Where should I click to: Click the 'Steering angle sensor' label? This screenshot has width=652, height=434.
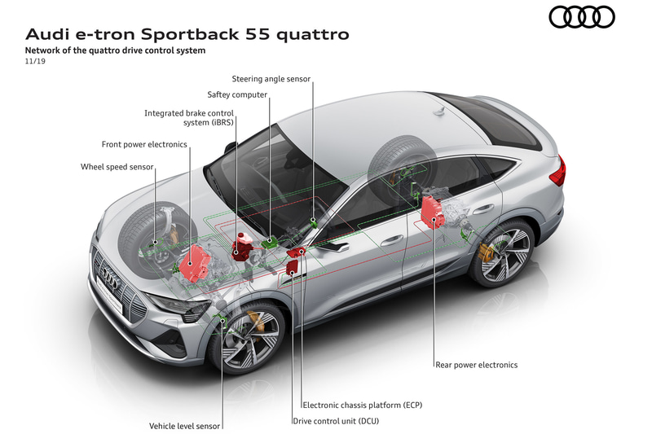pos(271,79)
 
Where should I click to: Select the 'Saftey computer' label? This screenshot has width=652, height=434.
pos(237,94)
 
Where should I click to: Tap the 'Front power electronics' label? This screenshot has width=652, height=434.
pos(144,144)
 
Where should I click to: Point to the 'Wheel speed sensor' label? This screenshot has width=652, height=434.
pos(117,167)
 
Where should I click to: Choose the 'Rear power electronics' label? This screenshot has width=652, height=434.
pos(477,365)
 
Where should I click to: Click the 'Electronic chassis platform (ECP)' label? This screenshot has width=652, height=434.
pos(362,405)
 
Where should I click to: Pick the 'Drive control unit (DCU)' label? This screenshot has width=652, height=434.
pos(335,421)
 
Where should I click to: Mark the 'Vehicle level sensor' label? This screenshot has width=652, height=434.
pos(185,425)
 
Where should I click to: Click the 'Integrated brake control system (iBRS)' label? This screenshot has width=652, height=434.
pos(189,118)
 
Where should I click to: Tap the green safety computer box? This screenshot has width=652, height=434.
pos(270,241)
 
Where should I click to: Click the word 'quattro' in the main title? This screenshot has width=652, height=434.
pos(311,35)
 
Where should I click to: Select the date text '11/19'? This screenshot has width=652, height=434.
pos(36,62)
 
